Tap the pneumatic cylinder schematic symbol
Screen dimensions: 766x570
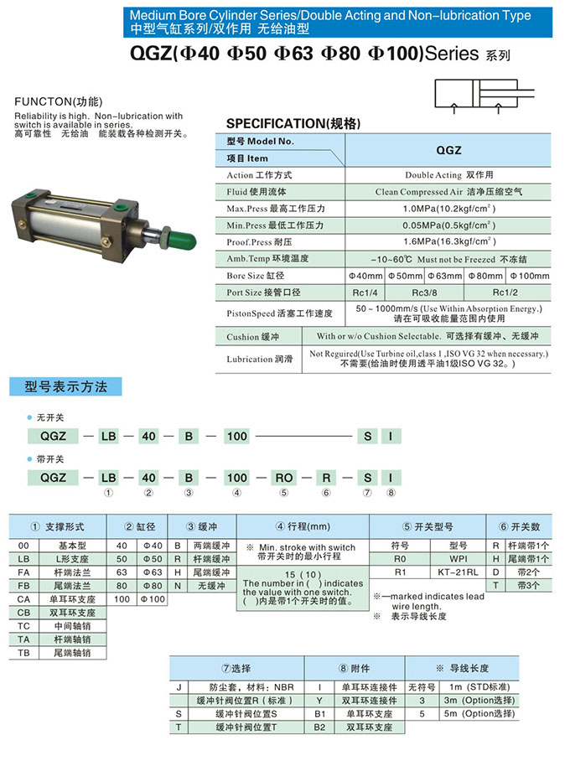tap(482, 95)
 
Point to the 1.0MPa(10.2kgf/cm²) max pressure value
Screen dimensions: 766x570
tap(448, 209)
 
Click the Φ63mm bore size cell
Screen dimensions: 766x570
tap(446, 276)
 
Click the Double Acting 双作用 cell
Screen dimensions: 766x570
tap(448, 175)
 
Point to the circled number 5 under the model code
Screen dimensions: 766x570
tap(284, 494)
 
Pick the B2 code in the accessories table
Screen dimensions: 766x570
tap(319, 727)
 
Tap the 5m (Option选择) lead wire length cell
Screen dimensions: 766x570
tap(478, 713)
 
